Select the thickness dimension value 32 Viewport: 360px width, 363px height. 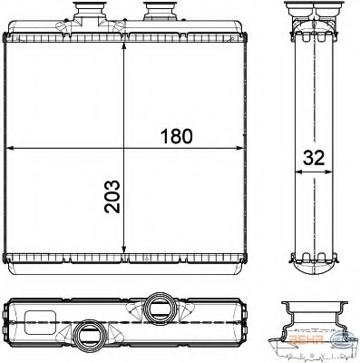(x=313, y=156)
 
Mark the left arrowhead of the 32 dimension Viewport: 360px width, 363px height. (x=295, y=169)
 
